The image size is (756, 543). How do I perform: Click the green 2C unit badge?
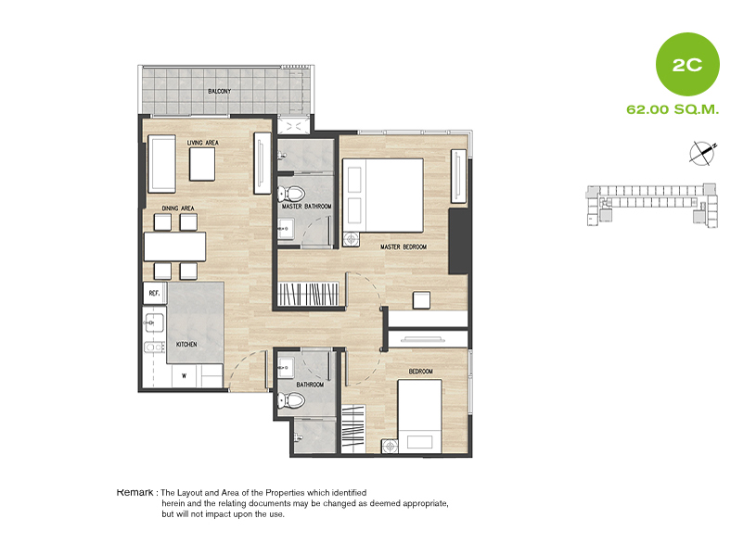pyautogui.click(x=687, y=64)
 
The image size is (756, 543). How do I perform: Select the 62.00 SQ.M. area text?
pyautogui.click(x=673, y=109)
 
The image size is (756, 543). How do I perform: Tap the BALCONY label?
pyautogui.click(x=219, y=91)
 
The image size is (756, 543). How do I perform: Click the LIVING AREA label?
pyautogui.click(x=202, y=143)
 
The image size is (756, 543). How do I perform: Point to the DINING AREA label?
pyautogui.click(x=178, y=208)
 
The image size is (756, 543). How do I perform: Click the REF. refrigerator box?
pyautogui.click(x=155, y=293)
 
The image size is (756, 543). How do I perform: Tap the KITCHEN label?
pyautogui.click(x=186, y=344)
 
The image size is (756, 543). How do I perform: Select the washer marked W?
pyautogui.click(x=185, y=376)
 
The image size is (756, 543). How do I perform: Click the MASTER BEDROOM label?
pyautogui.click(x=404, y=246)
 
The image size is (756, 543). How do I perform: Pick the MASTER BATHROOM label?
pyautogui.click(x=307, y=207)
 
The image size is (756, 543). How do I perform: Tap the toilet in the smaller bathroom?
pyautogui.click(x=291, y=400)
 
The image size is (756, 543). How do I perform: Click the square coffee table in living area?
pyautogui.click(x=202, y=164)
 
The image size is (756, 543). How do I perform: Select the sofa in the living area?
pyautogui.click(x=161, y=164)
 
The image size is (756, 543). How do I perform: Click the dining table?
pyautogui.click(x=175, y=246)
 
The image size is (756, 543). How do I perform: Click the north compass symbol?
pyautogui.click(x=703, y=153)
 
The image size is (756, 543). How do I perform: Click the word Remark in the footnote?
pyautogui.click(x=135, y=492)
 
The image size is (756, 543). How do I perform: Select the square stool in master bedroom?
pyautogui.click(x=421, y=300)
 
